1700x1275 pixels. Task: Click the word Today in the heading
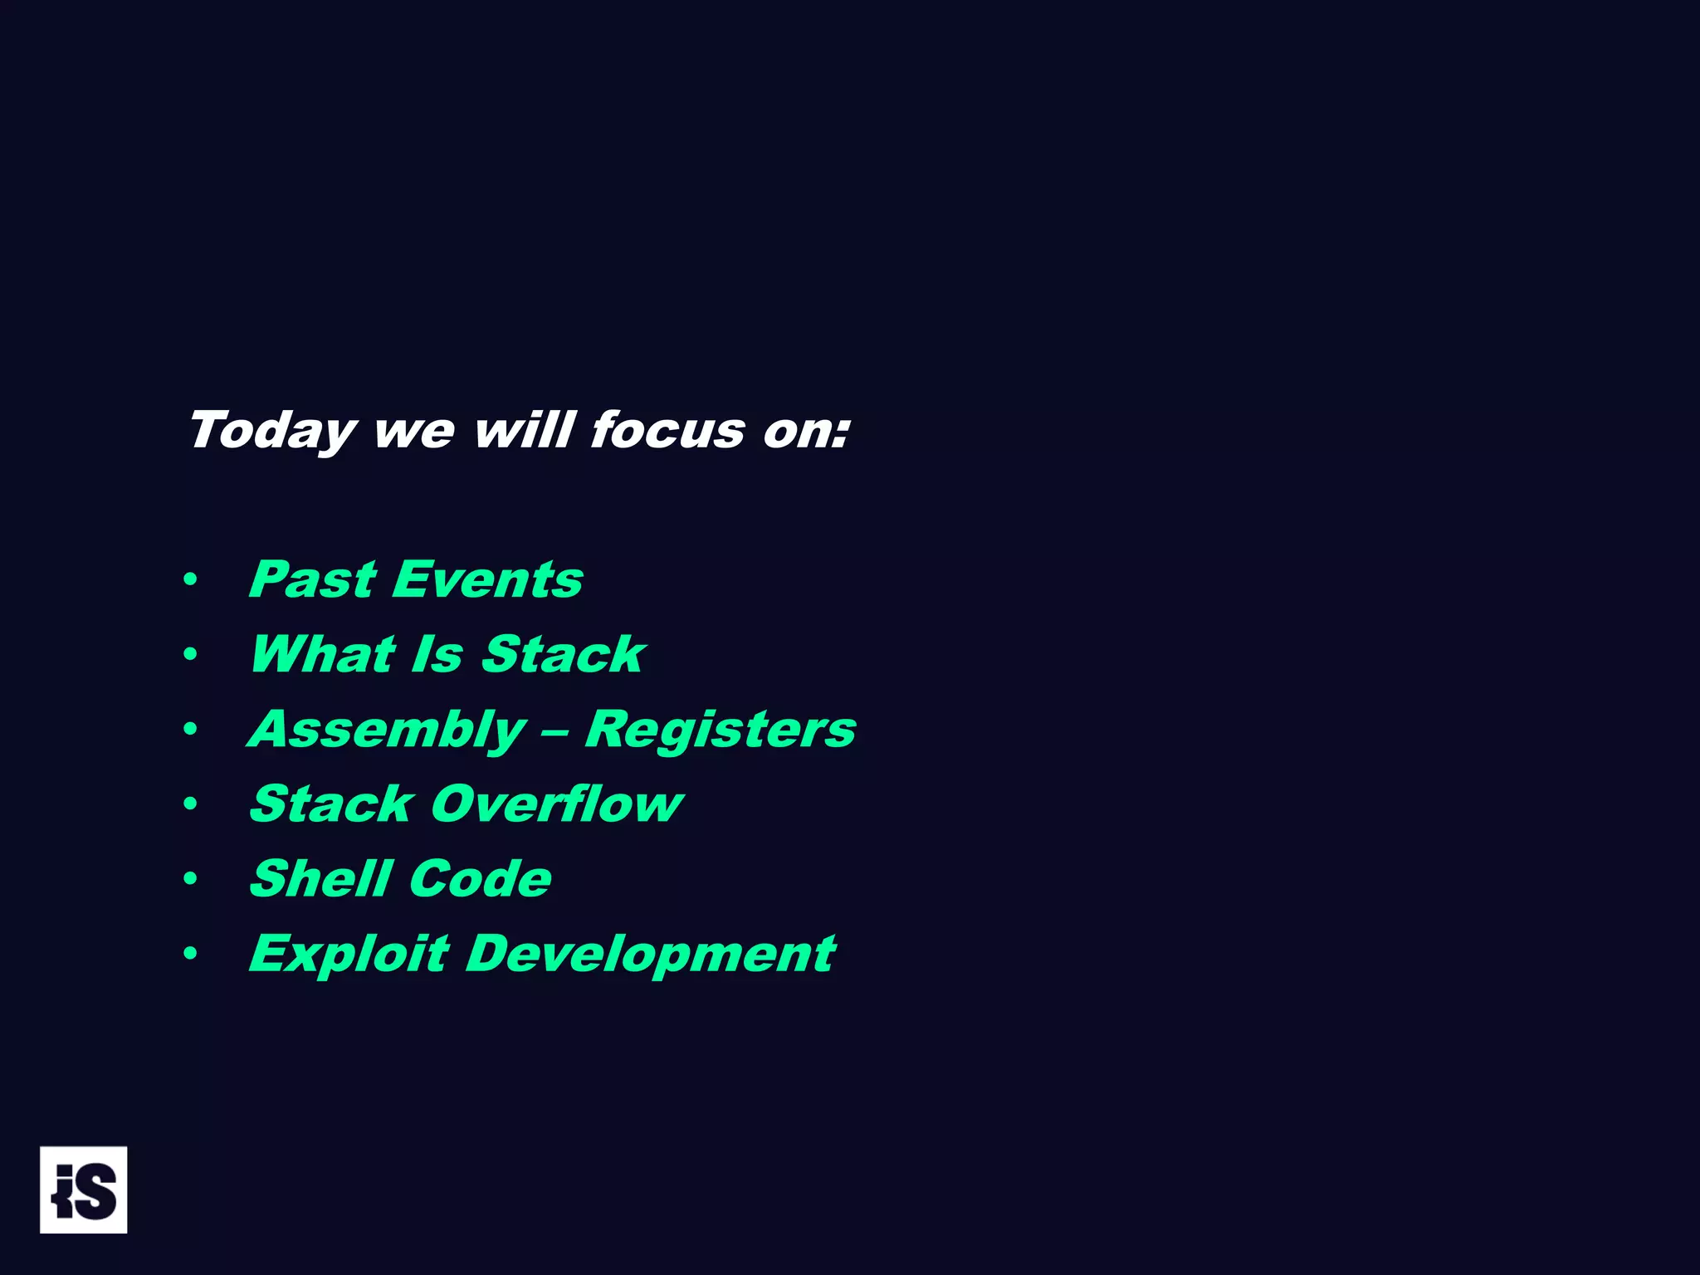(272, 432)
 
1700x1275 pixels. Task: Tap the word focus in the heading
(667, 430)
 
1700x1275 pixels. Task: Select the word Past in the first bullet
(313, 579)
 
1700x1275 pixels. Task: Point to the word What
(323, 654)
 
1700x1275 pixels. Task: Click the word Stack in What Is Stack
(564, 654)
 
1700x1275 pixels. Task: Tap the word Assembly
(387, 730)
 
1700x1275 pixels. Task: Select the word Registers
(721, 729)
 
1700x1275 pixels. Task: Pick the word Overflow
(557, 804)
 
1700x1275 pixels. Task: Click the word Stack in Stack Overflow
(331, 804)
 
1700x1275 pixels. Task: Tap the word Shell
(320, 878)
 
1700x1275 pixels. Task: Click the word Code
(480, 878)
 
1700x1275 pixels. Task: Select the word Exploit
(349, 954)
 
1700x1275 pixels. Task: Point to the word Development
(650, 954)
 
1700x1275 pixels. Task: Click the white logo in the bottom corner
(83, 1190)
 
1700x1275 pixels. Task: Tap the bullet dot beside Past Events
(190, 580)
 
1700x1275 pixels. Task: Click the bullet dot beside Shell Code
(190, 879)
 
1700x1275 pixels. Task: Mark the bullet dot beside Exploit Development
(190, 954)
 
